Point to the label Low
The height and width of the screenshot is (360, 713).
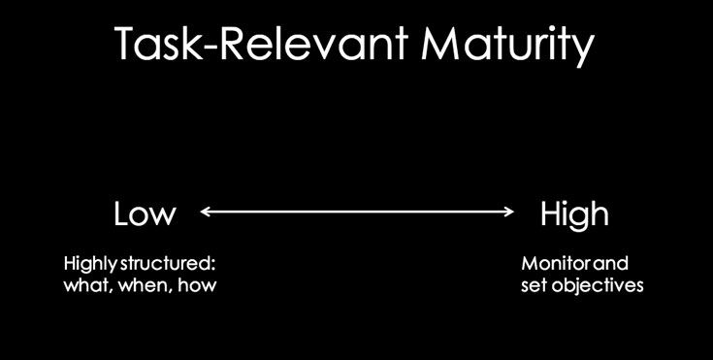[145, 213]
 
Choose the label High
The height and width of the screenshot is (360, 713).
[574, 214]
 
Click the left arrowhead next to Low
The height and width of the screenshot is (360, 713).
[205, 211]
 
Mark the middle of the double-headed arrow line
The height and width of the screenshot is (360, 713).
[357, 211]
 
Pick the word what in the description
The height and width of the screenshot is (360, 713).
[84, 286]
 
